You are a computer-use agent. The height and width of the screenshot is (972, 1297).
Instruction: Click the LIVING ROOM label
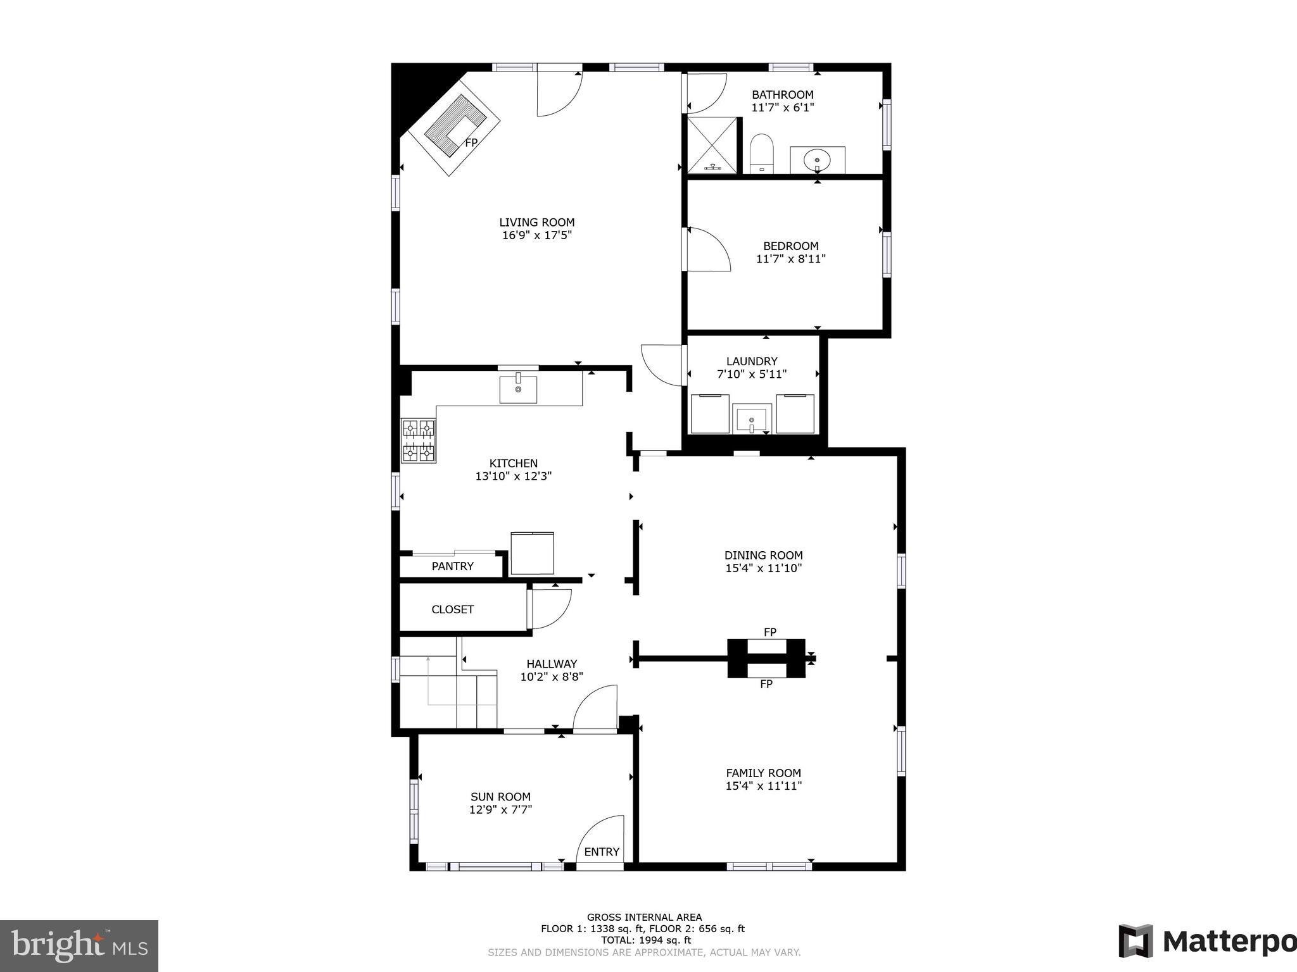pos(536,222)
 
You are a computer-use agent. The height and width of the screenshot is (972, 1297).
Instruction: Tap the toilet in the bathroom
pos(761,153)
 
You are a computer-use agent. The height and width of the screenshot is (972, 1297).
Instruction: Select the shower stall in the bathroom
pos(712,145)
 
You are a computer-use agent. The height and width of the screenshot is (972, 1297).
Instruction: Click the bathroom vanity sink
pos(817,160)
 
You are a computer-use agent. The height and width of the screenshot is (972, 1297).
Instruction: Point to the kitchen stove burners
pos(419,440)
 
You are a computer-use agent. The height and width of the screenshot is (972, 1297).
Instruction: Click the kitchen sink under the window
pos(518,389)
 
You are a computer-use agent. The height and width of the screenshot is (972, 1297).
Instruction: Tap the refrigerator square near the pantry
pos(532,554)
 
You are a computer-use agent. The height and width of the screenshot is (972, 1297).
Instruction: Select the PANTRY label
pos(452,566)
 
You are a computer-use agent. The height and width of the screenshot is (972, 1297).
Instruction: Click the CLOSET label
pos(452,609)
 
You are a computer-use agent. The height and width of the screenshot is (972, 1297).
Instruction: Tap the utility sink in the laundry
pos(752,420)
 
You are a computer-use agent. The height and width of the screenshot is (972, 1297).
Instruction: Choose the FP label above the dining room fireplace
pos(769,632)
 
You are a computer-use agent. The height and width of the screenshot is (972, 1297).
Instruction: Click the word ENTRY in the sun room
pos(601,852)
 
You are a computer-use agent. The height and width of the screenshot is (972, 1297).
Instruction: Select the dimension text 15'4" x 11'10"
pos(763,568)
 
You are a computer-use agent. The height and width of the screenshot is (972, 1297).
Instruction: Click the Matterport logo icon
pos(1136,941)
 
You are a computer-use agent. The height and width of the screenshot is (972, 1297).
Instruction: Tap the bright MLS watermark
pos(79,946)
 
